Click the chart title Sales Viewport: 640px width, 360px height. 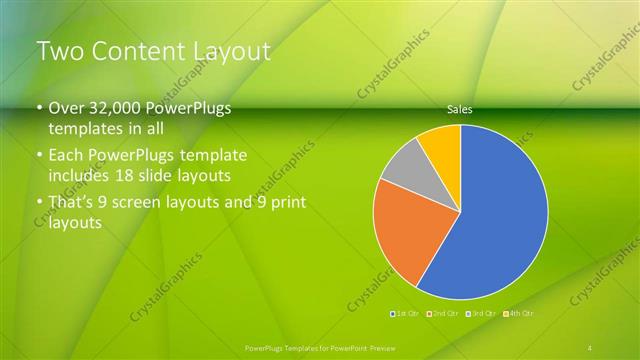pos(460,110)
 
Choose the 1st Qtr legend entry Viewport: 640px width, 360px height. pos(405,314)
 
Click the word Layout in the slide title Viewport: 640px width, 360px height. pos(229,51)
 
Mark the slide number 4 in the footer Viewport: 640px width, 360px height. pos(590,347)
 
